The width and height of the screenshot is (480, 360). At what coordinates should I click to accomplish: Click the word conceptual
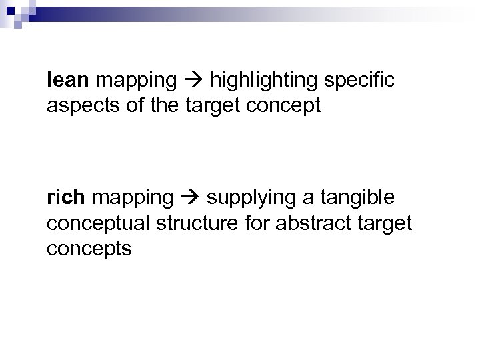tap(99, 224)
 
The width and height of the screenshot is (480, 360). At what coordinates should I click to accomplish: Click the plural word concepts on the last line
tap(90, 249)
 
